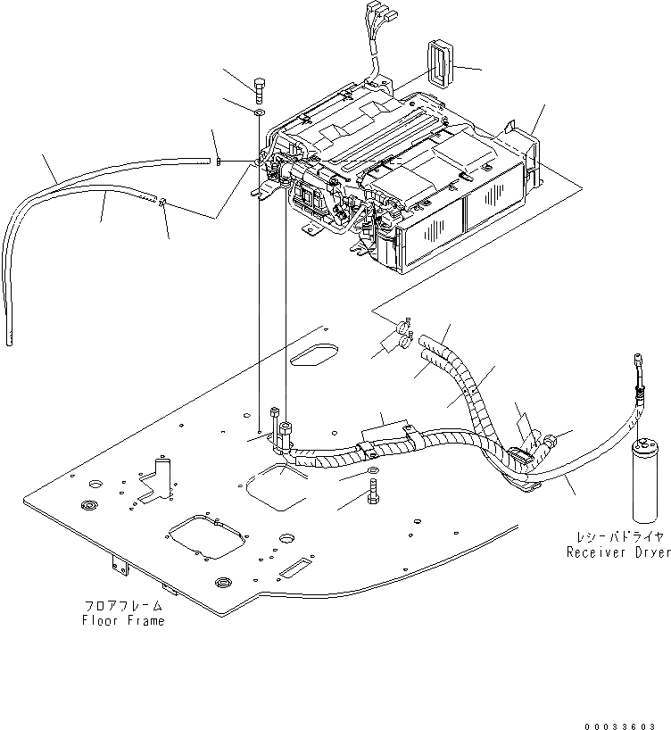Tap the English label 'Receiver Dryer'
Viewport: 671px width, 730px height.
point(618,552)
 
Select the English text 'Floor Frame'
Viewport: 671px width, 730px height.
point(123,620)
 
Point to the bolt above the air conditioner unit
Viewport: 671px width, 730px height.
point(259,89)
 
